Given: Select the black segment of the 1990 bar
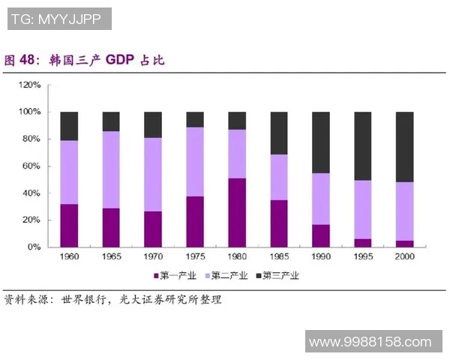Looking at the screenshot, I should [x=321, y=142].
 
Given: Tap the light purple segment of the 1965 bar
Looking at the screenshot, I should [x=111, y=169].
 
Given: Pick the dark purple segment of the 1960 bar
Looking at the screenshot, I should [x=69, y=225].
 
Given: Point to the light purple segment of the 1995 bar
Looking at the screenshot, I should [x=363, y=209].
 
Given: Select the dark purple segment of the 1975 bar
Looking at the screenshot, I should [x=195, y=221].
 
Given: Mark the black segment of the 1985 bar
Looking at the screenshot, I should [x=279, y=133].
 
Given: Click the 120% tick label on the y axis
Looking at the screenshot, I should [x=30, y=85].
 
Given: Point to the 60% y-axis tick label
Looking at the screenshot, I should [x=32, y=166].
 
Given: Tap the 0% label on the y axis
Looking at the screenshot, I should [x=35, y=247].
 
